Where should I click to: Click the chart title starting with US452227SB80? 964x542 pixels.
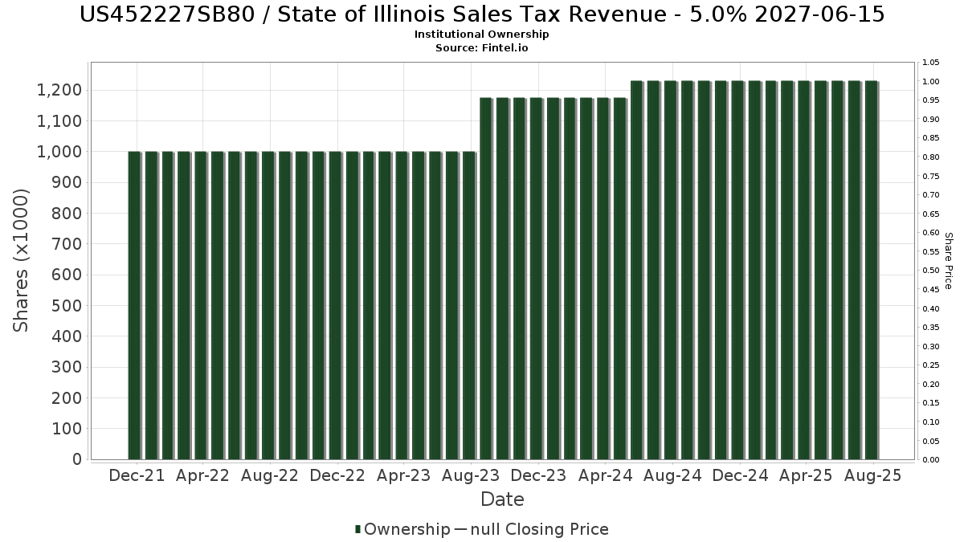(482, 14)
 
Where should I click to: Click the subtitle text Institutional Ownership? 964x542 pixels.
(482, 35)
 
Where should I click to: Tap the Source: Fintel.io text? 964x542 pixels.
(482, 47)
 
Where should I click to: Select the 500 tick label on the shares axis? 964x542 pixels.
(67, 306)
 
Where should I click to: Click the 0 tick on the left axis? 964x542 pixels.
(76, 460)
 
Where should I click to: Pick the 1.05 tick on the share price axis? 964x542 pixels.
(931, 63)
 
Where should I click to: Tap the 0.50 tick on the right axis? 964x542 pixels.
(931, 271)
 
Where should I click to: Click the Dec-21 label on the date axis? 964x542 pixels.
(137, 476)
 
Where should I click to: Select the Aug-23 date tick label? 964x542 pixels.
(472, 476)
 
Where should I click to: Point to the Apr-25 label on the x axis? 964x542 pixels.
(806, 476)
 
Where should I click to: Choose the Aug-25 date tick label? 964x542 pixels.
(872, 476)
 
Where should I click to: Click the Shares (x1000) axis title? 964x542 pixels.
(22, 260)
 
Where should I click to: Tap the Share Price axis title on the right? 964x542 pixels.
(949, 261)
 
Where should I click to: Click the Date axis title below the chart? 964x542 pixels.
(502, 499)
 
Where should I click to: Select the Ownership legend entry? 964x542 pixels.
(403, 529)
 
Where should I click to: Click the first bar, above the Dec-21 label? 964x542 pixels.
(133, 305)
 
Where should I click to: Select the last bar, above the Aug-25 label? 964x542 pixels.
(871, 270)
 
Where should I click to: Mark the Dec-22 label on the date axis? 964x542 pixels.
(337, 476)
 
